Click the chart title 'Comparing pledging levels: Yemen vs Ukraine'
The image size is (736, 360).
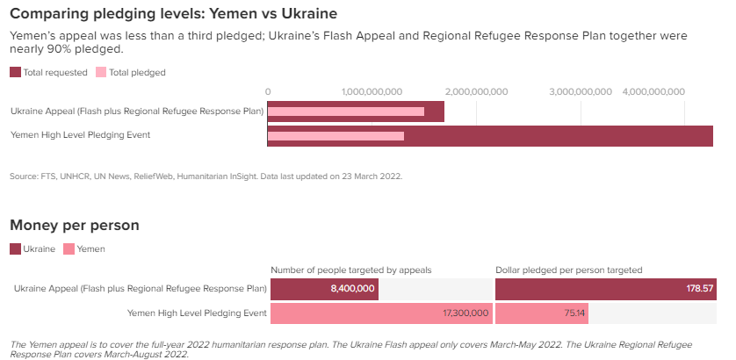tap(173, 14)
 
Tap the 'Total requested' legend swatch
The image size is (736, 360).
tap(15, 72)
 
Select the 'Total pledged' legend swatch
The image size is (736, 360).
tap(101, 72)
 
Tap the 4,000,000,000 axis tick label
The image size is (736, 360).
tap(653, 90)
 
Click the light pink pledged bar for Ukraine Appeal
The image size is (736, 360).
tap(345, 112)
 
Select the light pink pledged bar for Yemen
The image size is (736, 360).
tap(336, 136)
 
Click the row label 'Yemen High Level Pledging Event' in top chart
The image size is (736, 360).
tap(81, 135)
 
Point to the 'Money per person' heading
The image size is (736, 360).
tap(75, 226)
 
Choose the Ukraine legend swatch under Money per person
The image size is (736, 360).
tap(15, 249)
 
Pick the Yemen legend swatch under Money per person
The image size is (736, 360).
tap(69, 249)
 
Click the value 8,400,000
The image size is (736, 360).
tap(352, 289)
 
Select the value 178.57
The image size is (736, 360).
tap(700, 289)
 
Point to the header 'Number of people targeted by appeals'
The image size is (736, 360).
tap(351, 270)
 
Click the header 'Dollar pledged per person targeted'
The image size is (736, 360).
tap(569, 270)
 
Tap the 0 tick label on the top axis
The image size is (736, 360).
tap(268, 90)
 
